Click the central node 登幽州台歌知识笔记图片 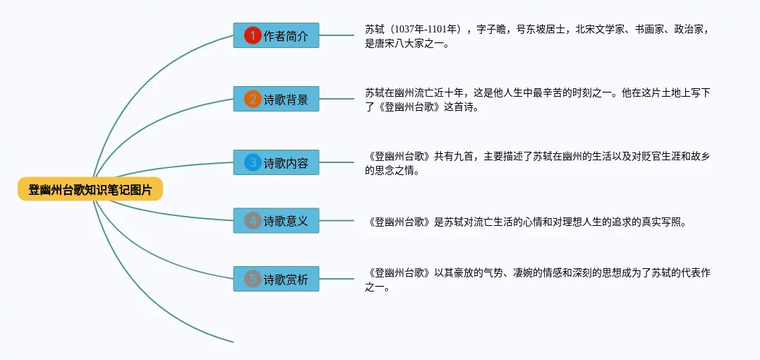[90, 189]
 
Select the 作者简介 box [276, 35]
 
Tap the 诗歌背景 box [276, 99]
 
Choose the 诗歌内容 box [276, 162]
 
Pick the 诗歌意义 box [276, 221]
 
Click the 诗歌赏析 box [276, 279]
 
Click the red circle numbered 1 [253, 35]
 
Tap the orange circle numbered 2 [253, 99]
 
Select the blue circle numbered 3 [253, 162]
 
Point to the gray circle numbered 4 [253, 221]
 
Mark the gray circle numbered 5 [253, 279]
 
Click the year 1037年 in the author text [411, 29]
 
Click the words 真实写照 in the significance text [663, 222]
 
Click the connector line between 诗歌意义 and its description [337, 221]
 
